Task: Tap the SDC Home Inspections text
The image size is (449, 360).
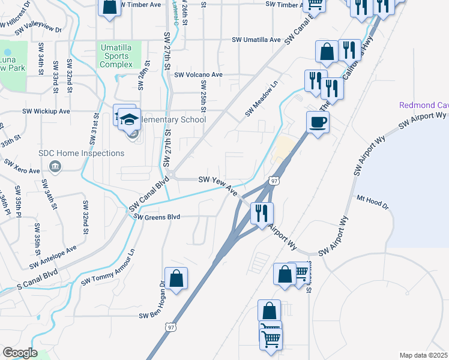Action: [82, 153]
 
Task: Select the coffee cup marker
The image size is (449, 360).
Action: [318, 123]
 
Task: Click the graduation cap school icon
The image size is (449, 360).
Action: [129, 119]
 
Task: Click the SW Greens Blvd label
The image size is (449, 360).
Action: [157, 217]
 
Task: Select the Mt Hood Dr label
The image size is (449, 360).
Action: [373, 203]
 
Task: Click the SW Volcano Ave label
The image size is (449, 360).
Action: [199, 75]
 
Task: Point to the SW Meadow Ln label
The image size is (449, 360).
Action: [262, 99]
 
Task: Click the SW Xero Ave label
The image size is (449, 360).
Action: [22, 166]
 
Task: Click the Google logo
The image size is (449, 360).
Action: [19, 353]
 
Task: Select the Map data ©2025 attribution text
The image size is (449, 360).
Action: [423, 355]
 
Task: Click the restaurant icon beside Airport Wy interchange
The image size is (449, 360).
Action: [262, 214]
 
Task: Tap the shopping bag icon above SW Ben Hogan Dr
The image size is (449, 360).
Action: [176, 279]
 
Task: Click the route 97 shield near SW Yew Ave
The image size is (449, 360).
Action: [273, 181]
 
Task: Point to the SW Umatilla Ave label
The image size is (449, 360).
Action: [257, 40]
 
